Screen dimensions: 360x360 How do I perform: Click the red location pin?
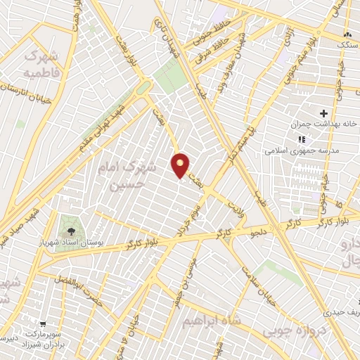pyautogui.click(x=181, y=165)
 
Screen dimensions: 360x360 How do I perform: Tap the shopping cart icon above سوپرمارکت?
pyautogui.click(x=44, y=324)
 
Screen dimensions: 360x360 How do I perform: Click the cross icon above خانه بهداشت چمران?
pyautogui.click(x=323, y=113)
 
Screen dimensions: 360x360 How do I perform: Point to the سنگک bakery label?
pyautogui.click(x=347, y=44)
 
